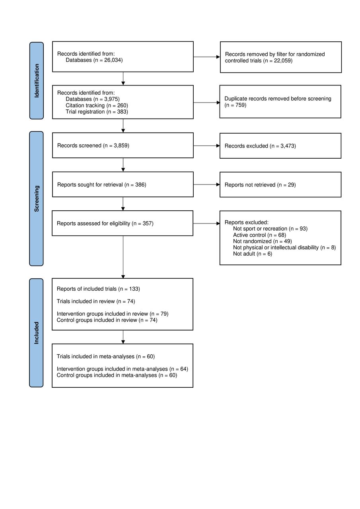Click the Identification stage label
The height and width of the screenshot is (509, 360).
(x=37, y=81)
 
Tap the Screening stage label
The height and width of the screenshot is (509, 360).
(x=37, y=198)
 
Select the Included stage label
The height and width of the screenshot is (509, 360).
(x=36, y=333)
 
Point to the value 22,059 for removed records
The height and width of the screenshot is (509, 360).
(x=282, y=60)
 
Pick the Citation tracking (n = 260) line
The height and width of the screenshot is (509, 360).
(x=97, y=105)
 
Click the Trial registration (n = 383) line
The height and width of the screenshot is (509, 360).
(x=97, y=112)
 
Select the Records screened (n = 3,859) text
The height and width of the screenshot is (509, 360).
(x=93, y=146)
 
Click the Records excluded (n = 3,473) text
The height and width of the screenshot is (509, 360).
(x=260, y=146)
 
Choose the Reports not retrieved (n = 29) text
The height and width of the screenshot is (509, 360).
(x=260, y=185)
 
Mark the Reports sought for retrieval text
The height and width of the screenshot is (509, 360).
(x=90, y=185)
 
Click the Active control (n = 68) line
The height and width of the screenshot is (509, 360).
(x=259, y=235)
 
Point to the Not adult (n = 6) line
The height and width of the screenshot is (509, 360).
(x=253, y=254)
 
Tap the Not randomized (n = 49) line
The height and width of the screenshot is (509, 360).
(x=263, y=241)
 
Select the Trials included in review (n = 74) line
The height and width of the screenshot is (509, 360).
(x=96, y=301)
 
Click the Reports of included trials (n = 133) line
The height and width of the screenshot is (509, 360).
(x=98, y=289)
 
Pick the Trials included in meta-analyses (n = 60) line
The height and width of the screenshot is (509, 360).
(x=106, y=356)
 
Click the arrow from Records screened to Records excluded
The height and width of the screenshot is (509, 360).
(x=206, y=146)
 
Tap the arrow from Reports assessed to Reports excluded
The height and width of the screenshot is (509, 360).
(x=206, y=223)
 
